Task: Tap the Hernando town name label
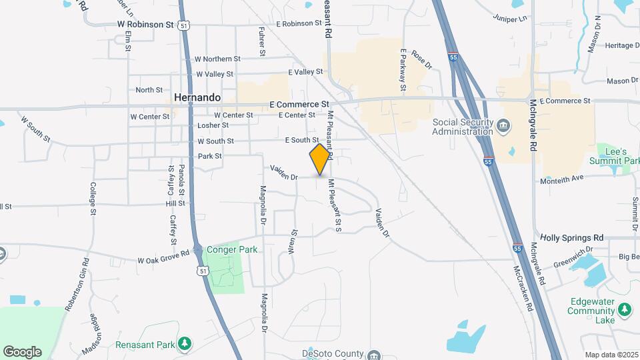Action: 197,97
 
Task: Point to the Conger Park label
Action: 232,249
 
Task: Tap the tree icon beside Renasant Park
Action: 185,344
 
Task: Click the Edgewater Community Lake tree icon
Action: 625,310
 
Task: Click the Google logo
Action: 22,351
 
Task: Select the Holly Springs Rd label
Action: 571,237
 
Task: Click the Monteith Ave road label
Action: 562,178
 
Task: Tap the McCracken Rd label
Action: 523,289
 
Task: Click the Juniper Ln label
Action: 509,18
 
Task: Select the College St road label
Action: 93,198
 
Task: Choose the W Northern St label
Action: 217,59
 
